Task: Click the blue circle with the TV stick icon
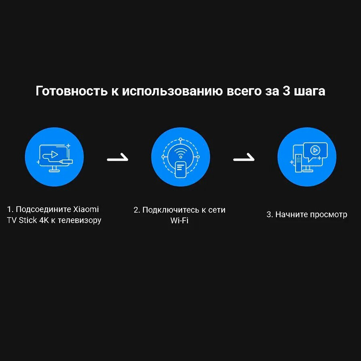(x=54, y=157)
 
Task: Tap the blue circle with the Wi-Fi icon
(x=180, y=157)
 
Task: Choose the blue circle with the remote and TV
(x=307, y=157)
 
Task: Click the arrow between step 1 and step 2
(x=117, y=158)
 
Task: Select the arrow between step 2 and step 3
(x=244, y=158)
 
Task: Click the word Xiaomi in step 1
(x=86, y=210)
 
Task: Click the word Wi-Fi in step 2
(x=180, y=221)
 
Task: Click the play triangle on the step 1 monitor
(x=54, y=154)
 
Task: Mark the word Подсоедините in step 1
(x=43, y=210)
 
